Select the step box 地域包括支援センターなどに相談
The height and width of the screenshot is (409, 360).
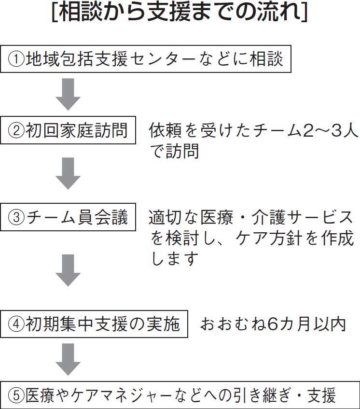(x=146, y=59)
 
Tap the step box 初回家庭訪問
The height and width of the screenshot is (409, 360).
(x=68, y=130)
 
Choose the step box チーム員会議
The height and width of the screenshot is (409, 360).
(x=68, y=217)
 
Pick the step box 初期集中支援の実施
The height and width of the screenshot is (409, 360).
(x=94, y=324)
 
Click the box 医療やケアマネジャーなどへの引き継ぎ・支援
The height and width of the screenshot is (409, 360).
(x=180, y=395)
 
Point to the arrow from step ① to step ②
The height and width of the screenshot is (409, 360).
(x=69, y=94)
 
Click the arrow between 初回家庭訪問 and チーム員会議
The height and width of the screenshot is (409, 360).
(x=69, y=173)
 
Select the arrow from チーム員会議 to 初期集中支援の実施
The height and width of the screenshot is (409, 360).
(x=69, y=270)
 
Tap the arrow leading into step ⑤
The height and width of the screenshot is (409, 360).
(x=69, y=359)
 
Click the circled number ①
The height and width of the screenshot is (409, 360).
(x=16, y=59)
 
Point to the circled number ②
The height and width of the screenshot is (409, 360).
(x=16, y=130)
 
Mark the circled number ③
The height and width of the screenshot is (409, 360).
(x=16, y=217)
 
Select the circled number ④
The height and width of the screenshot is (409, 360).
(x=16, y=324)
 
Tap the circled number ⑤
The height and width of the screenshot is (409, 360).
(x=16, y=395)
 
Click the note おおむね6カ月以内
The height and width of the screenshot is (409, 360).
(x=273, y=324)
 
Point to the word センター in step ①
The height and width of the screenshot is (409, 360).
(x=162, y=59)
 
